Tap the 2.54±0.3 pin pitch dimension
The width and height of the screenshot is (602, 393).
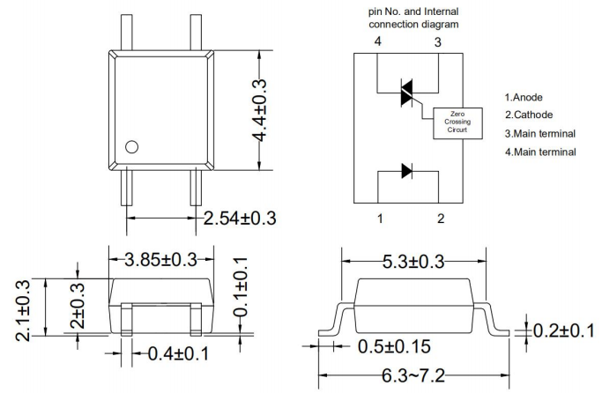coord(239,218)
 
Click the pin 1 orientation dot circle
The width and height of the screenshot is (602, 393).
coord(132,147)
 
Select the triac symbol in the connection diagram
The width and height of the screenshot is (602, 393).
coord(407,93)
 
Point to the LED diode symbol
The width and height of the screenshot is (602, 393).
coord(407,171)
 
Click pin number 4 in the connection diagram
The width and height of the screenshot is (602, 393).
coord(377,41)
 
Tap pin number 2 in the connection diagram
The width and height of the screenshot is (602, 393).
coord(440,218)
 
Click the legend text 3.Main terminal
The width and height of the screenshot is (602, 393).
coord(540,133)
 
